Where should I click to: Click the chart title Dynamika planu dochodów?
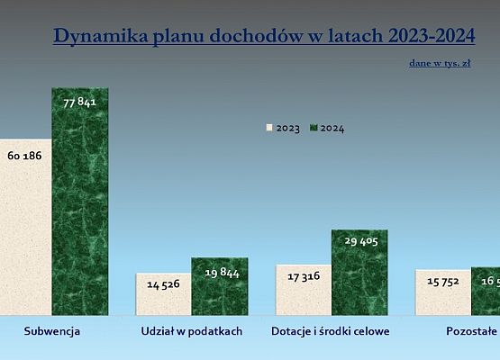coord(263,36)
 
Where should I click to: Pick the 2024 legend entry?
coord(326,128)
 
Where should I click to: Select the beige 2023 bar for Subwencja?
coord(25,243)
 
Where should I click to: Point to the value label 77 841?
coord(79,103)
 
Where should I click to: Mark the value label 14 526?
coord(163,285)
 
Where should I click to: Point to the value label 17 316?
coord(303,279)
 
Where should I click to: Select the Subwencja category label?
coord(51,331)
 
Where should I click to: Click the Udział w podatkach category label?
coord(191,331)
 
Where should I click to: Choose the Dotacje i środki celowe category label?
coord(331,331)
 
